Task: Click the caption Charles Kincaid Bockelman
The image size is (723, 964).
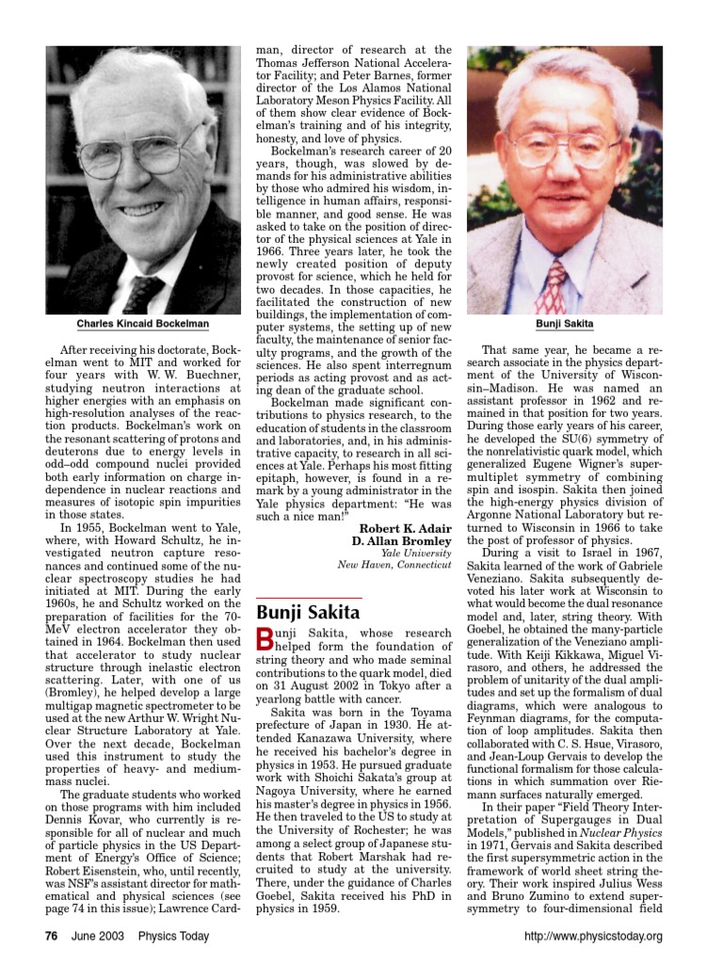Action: [143, 324]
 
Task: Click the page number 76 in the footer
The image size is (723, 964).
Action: [54, 936]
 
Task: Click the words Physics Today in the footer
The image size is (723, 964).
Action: [173, 936]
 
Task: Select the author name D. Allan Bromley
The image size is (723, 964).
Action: [401, 541]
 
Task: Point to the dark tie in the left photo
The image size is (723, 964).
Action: [142, 293]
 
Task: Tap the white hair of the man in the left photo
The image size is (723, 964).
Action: [141, 75]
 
